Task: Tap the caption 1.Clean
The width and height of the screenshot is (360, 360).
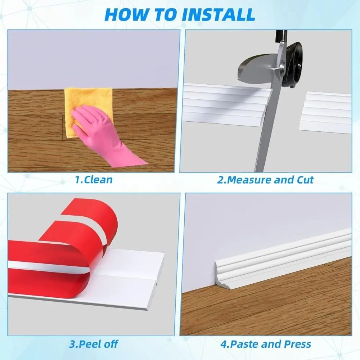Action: [94, 179]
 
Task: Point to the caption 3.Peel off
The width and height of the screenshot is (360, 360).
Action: [94, 343]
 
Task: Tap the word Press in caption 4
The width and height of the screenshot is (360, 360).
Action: [297, 343]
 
